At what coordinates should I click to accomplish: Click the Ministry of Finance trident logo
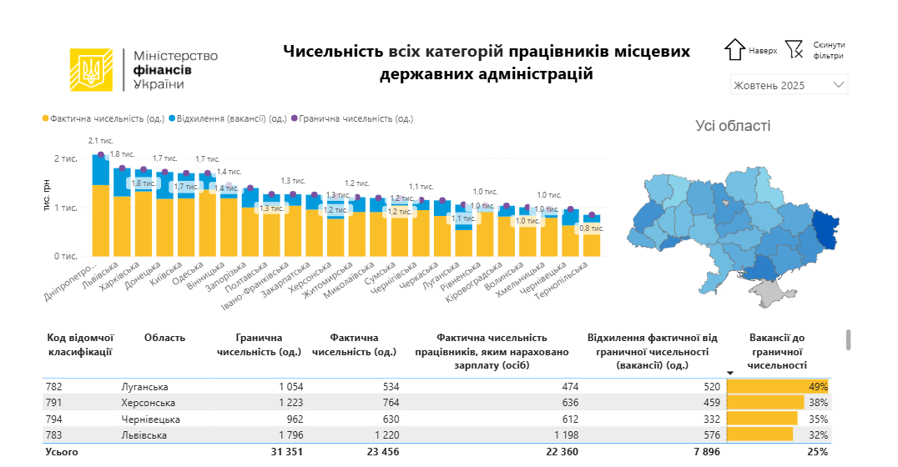coord(91,70)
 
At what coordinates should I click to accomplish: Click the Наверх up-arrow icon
coord(734,50)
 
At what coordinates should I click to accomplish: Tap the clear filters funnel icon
coord(794,50)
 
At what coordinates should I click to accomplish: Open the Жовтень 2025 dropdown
coord(788,85)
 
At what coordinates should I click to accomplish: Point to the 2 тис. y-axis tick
coord(67,158)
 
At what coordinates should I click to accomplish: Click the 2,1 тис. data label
coord(101,141)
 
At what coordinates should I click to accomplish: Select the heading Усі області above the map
coord(733,126)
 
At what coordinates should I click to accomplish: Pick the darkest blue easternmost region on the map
coord(825,230)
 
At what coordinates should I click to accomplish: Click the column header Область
coord(164,338)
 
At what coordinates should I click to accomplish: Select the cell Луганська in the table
coord(144,387)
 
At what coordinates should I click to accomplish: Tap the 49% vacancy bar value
coord(817,387)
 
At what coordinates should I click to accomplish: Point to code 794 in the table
coord(55,419)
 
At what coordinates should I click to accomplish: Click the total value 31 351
coord(284,451)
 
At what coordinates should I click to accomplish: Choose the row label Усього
coord(62,451)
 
